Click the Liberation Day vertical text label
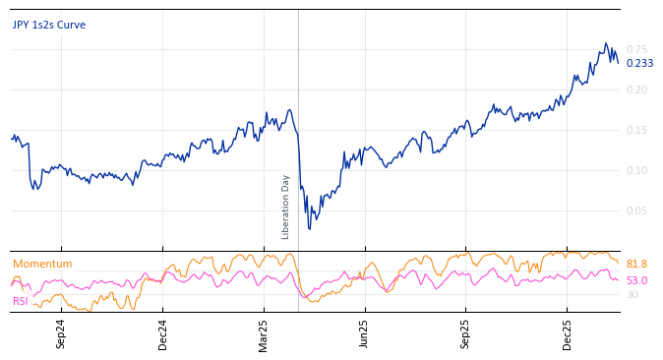click(x=286, y=207)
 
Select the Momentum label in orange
click(x=42, y=264)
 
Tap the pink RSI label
click(x=21, y=301)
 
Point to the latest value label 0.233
click(x=639, y=64)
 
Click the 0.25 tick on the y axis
click(x=637, y=49)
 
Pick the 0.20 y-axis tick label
click(x=637, y=90)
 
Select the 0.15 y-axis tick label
click(x=637, y=130)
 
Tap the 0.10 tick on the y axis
click(x=637, y=170)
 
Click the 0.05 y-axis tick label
click(x=637, y=210)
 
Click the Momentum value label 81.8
click(x=636, y=264)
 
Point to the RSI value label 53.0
click(x=636, y=280)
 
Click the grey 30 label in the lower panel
click(x=632, y=294)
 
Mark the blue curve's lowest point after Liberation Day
click(x=310, y=229)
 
